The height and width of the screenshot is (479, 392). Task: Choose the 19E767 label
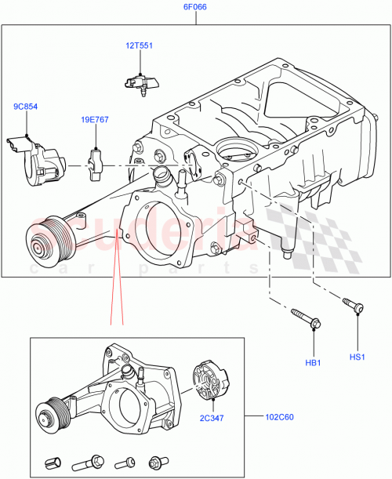click(x=95, y=122)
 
